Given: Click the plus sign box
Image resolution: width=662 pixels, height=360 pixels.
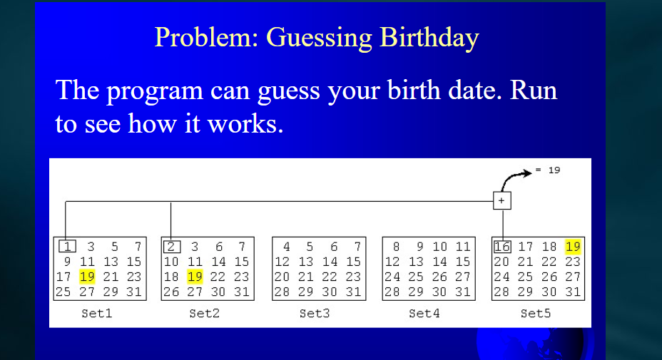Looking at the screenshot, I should click(501, 202).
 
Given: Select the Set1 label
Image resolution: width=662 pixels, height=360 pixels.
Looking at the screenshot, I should click(97, 313).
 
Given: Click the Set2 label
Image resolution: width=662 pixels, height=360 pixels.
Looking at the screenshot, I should click(205, 313).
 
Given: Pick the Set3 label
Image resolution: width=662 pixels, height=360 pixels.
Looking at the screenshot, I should click(315, 313).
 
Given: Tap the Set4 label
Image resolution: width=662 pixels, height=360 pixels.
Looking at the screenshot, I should click(424, 313).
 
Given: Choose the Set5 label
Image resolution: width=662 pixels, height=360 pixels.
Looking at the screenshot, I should click(534, 313).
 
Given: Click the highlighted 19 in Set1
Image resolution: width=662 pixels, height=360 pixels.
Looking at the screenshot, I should click(87, 277).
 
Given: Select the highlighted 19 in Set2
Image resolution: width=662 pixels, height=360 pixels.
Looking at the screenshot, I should click(195, 277).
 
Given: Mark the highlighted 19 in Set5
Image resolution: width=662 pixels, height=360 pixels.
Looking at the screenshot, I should click(572, 247).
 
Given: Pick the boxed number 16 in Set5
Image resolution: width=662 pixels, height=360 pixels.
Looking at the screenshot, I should click(502, 247).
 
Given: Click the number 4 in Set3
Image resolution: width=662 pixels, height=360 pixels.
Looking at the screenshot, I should click(285, 247).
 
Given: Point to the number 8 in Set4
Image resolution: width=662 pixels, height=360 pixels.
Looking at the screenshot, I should click(395, 247).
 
